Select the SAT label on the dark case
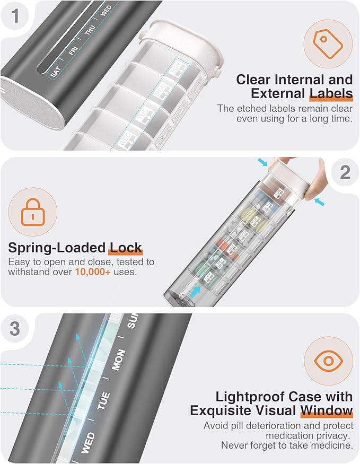point(55,72)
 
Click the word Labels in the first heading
point(331,94)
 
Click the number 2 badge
point(345,172)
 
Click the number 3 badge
point(14,329)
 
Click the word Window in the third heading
point(326,410)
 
